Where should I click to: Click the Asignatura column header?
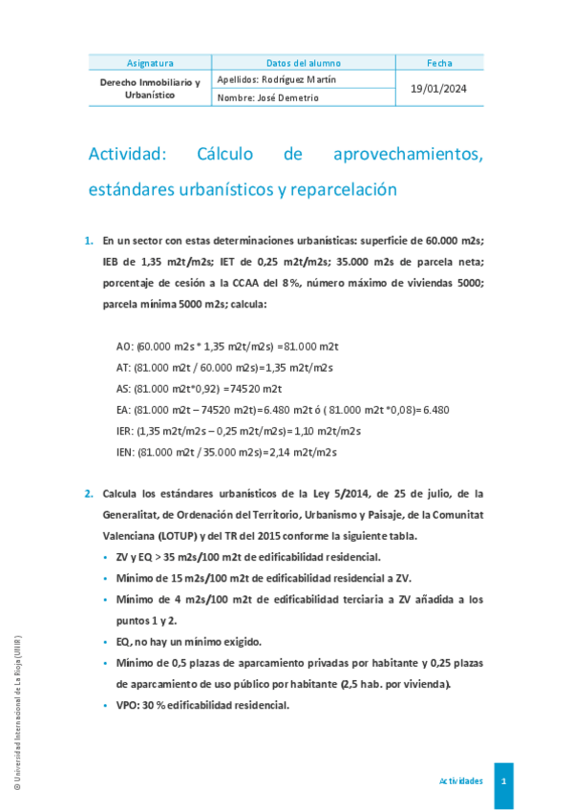click(150, 63)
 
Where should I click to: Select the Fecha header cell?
click(440, 63)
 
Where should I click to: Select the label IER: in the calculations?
click(125, 431)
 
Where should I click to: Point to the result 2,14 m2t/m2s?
click(304, 452)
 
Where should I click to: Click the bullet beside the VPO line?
click(105, 706)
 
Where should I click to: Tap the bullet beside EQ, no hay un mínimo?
click(105, 642)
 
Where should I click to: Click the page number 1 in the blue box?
click(503, 780)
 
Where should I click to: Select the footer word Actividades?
click(460, 780)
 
